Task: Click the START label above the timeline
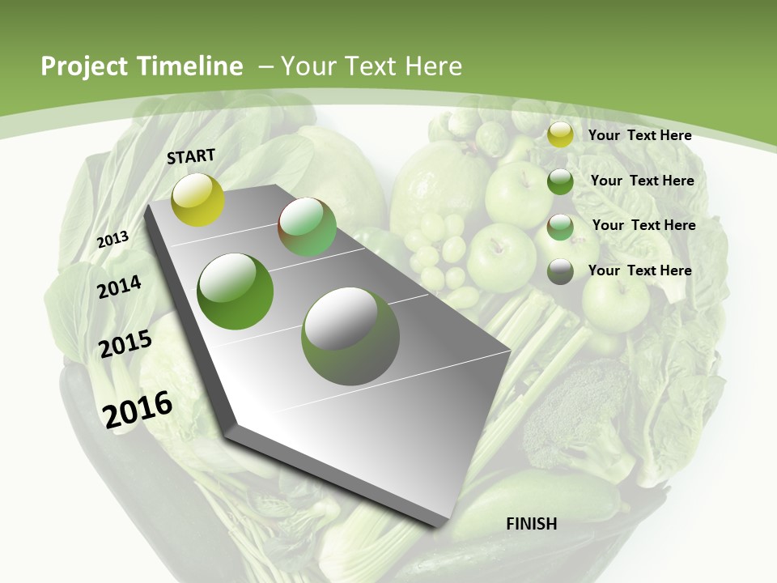[191, 156]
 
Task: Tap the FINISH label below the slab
[531, 524]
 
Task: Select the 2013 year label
[113, 240]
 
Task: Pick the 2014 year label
[119, 287]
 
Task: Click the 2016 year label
[138, 409]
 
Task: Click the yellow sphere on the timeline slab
[197, 199]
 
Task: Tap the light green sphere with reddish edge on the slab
[307, 227]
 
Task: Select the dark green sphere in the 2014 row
[236, 291]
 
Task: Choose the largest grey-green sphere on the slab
[350, 336]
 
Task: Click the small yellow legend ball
[560, 135]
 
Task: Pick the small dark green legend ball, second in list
[560, 181]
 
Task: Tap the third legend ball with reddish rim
[560, 227]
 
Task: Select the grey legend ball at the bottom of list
[560, 271]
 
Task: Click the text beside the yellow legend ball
[639, 135]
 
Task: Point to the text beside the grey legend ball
[639, 270]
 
